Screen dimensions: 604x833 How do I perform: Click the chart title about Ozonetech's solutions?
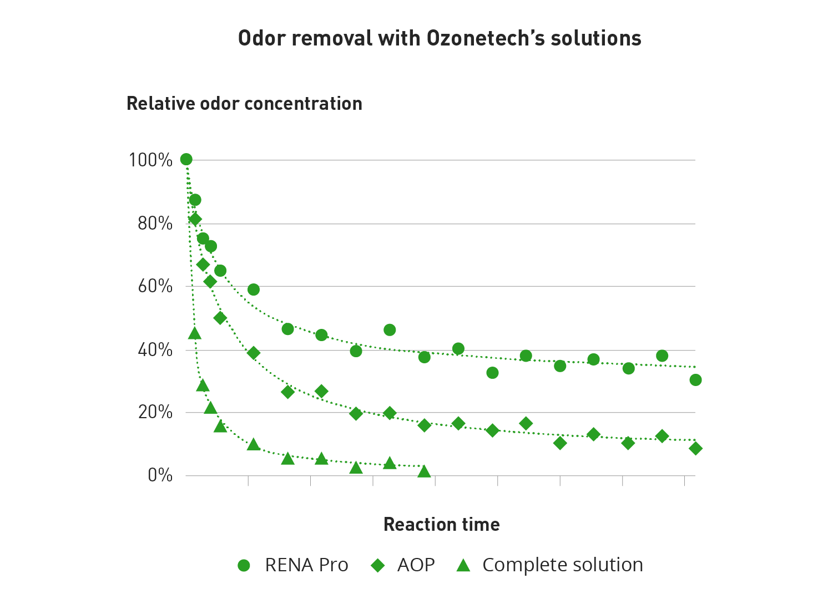coord(439,38)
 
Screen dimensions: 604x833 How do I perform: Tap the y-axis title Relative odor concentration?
coord(244,104)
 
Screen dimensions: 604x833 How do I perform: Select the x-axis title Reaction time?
coord(441,525)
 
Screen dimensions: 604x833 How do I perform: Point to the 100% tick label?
coord(151,160)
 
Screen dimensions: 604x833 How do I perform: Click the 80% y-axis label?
coord(155,224)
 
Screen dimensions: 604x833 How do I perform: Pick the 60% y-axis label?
coord(155,286)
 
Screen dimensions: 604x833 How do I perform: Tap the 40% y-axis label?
coord(155,350)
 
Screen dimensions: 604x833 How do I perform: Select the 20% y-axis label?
coord(155,413)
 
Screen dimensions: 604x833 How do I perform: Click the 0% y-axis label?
coord(160,475)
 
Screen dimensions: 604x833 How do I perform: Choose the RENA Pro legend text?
coord(306,565)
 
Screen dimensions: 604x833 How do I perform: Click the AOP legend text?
coord(416,565)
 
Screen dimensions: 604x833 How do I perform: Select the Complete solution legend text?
coord(562,565)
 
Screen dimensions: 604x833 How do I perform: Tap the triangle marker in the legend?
coord(463,565)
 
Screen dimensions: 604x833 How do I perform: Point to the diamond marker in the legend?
coord(378,565)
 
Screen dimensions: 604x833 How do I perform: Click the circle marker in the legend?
coord(244,565)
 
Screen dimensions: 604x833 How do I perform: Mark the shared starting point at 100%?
coord(186,160)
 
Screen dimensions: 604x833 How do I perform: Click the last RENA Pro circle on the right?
coord(695,380)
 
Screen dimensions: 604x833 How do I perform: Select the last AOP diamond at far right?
coord(695,448)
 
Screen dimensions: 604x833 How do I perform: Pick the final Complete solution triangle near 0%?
coord(424,472)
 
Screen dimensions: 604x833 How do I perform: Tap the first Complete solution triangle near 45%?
coord(194,333)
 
